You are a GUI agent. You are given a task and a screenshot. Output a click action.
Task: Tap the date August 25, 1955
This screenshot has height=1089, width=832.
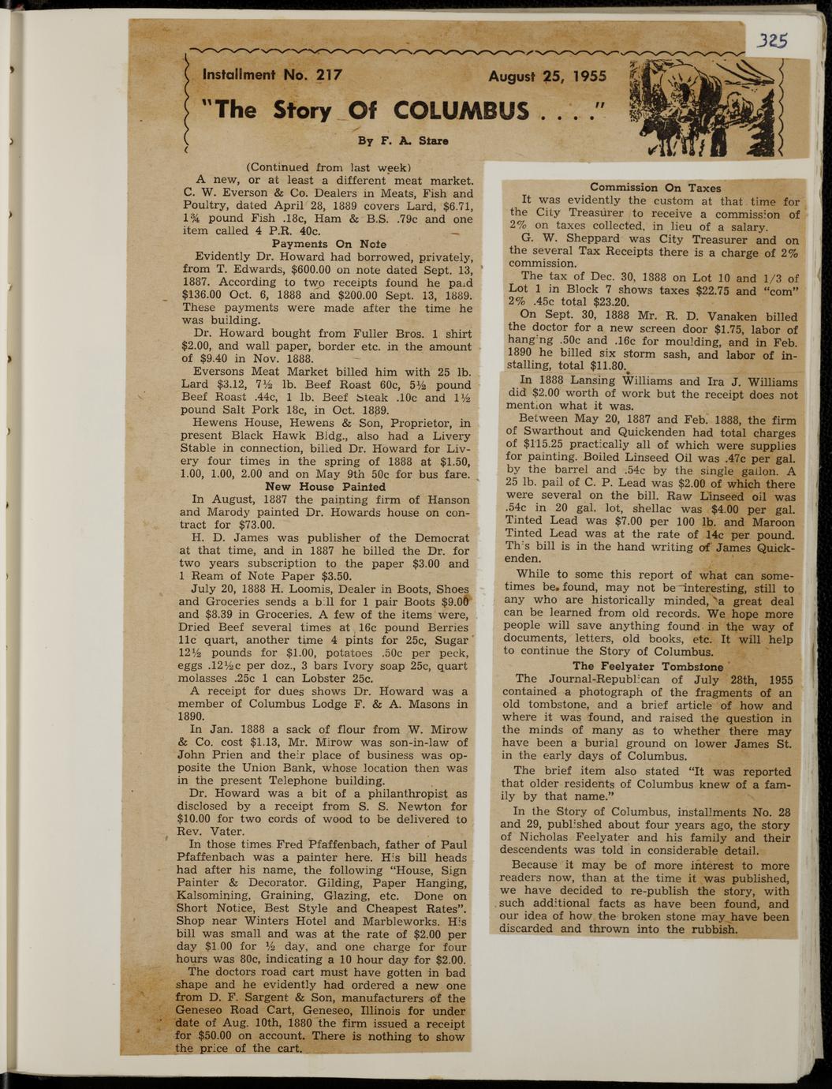tap(547, 77)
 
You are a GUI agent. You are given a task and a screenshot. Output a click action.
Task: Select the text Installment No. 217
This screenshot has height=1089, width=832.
tap(272, 76)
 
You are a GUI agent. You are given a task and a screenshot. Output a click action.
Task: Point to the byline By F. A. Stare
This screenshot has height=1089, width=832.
tap(403, 141)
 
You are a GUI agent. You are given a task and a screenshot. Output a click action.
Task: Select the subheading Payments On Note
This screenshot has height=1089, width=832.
tap(329, 244)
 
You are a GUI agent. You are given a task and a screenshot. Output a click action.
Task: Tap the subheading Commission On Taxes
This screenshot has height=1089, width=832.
tap(655, 188)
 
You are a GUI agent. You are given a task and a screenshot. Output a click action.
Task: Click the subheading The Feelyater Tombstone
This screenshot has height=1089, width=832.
tap(648, 666)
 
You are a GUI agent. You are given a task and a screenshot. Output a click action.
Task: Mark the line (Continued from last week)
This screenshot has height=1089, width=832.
tap(325, 167)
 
